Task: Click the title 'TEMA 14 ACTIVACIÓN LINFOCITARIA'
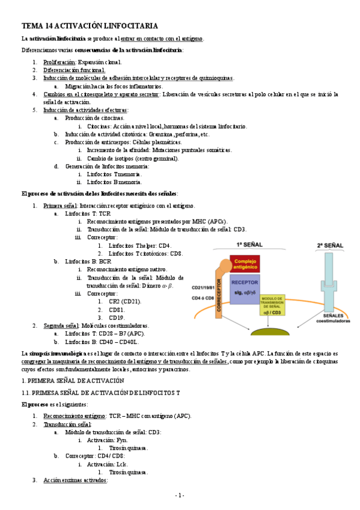90,26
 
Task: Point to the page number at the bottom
179,495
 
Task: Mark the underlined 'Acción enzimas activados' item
75,480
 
